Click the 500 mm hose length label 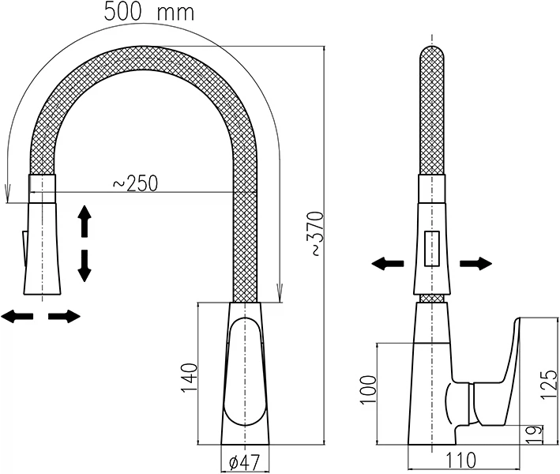click(149, 12)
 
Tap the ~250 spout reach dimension click(135, 183)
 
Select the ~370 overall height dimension click(317, 234)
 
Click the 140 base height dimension click(189, 378)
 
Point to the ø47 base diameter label click(244, 463)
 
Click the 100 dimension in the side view click(368, 389)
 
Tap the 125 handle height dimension click(550, 385)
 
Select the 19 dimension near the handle click(535, 434)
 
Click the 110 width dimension click(460, 460)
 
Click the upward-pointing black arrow click(85, 221)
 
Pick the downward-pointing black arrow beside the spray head click(85, 266)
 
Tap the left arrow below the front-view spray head click(17, 316)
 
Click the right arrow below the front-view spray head click(64, 316)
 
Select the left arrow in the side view click(388, 264)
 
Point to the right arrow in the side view click(476, 264)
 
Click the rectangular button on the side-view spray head click(432, 249)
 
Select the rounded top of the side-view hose click(432, 54)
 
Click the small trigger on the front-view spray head click(24, 249)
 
